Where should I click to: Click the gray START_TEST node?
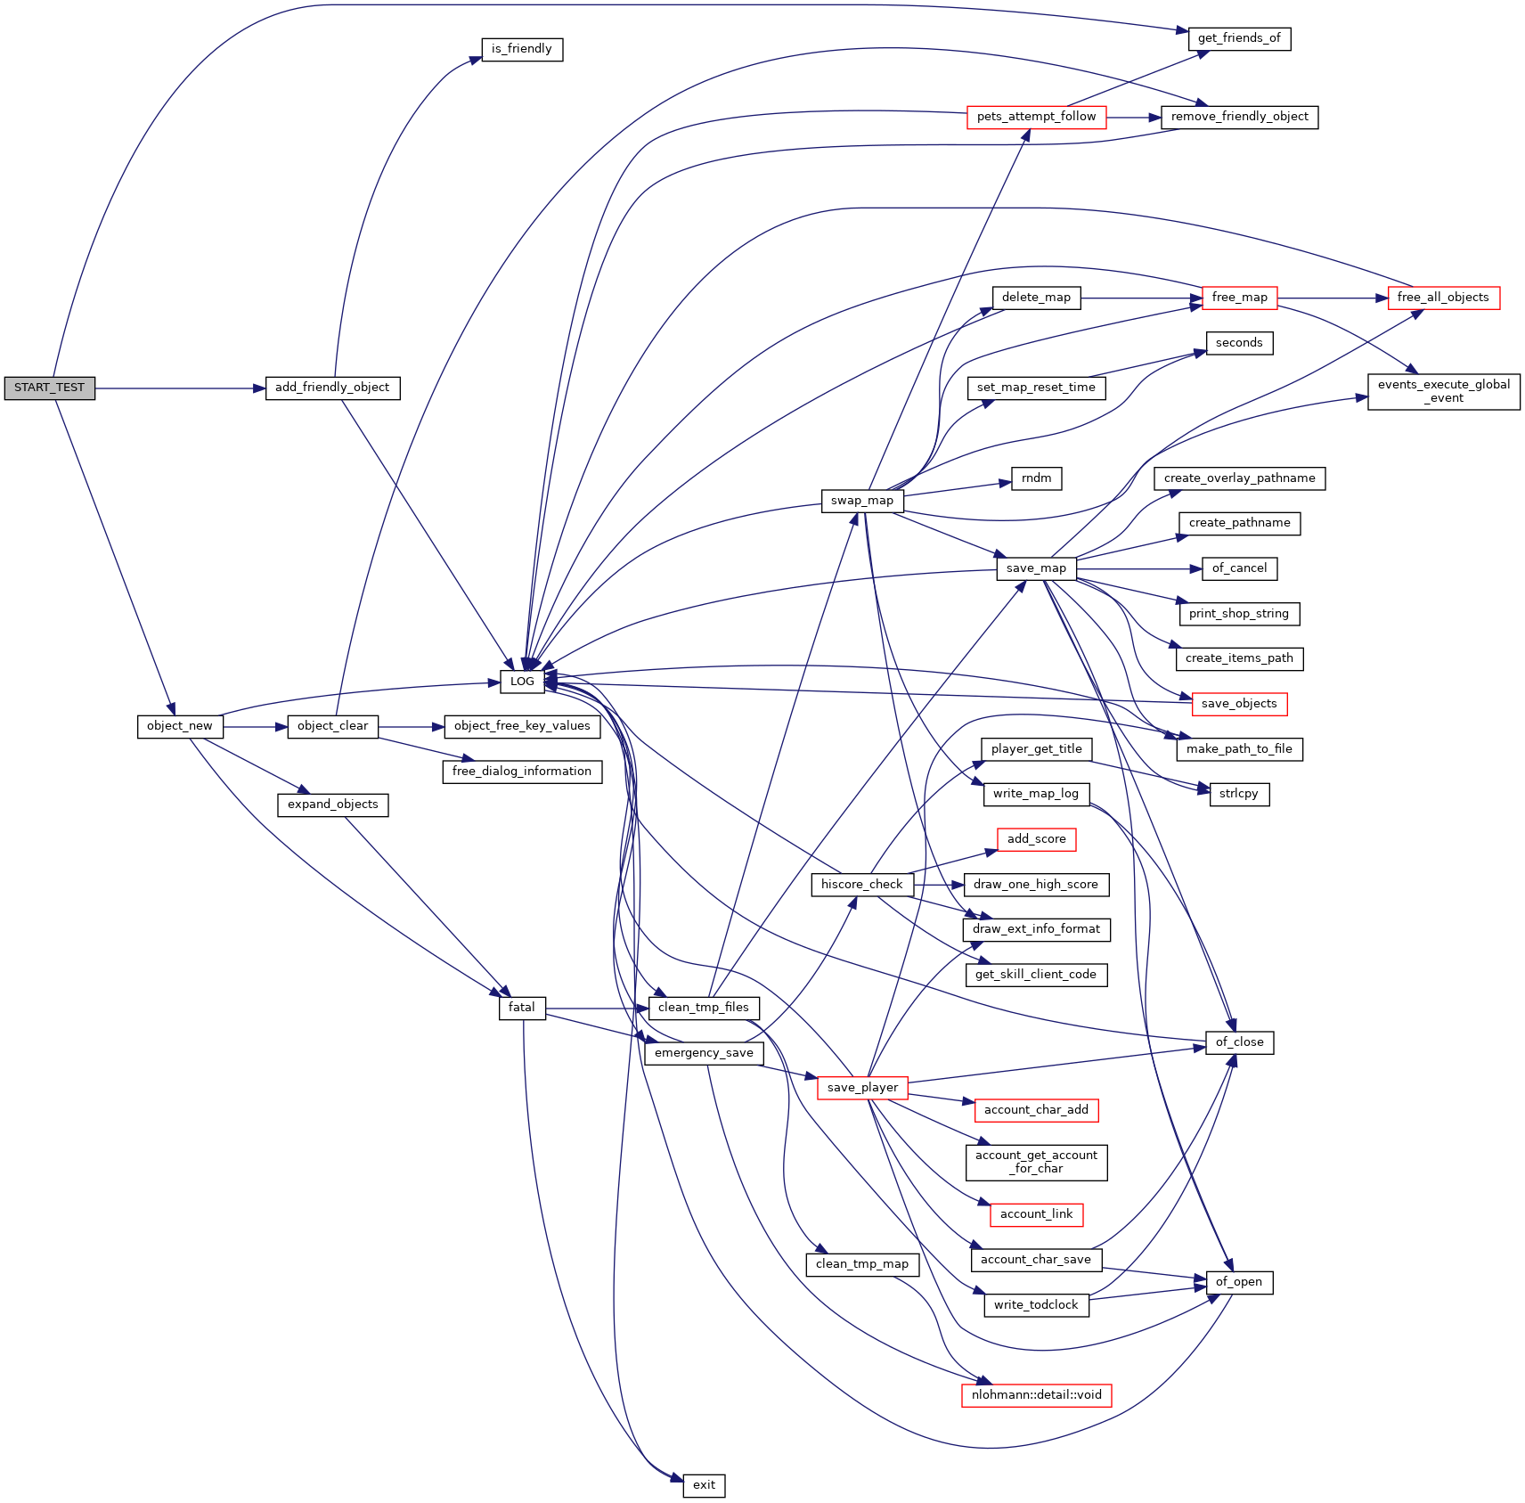(49, 388)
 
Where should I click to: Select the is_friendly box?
(522, 49)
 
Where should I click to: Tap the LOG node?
(522, 682)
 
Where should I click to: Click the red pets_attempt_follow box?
(1036, 117)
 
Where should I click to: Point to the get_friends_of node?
(1239, 38)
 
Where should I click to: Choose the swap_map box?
(861, 501)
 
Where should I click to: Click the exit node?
(704, 1485)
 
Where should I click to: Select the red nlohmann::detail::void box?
(1036, 1395)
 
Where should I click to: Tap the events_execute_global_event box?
(1443, 391)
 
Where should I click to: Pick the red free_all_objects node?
(1443, 298)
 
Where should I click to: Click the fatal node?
(522, 1008)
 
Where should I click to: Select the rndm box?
(1036, 478)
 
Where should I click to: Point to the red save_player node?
(861, 1088)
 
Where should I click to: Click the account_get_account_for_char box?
(1036, 1162)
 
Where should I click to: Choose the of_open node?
(1239, 1282)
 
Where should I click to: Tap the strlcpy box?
(1239, 794)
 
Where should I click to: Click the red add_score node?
(1036, 839)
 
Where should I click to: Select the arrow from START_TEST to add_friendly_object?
(178, 388)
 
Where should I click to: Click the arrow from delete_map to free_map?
(1140, 298)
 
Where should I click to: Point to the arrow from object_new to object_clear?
(255, 727)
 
